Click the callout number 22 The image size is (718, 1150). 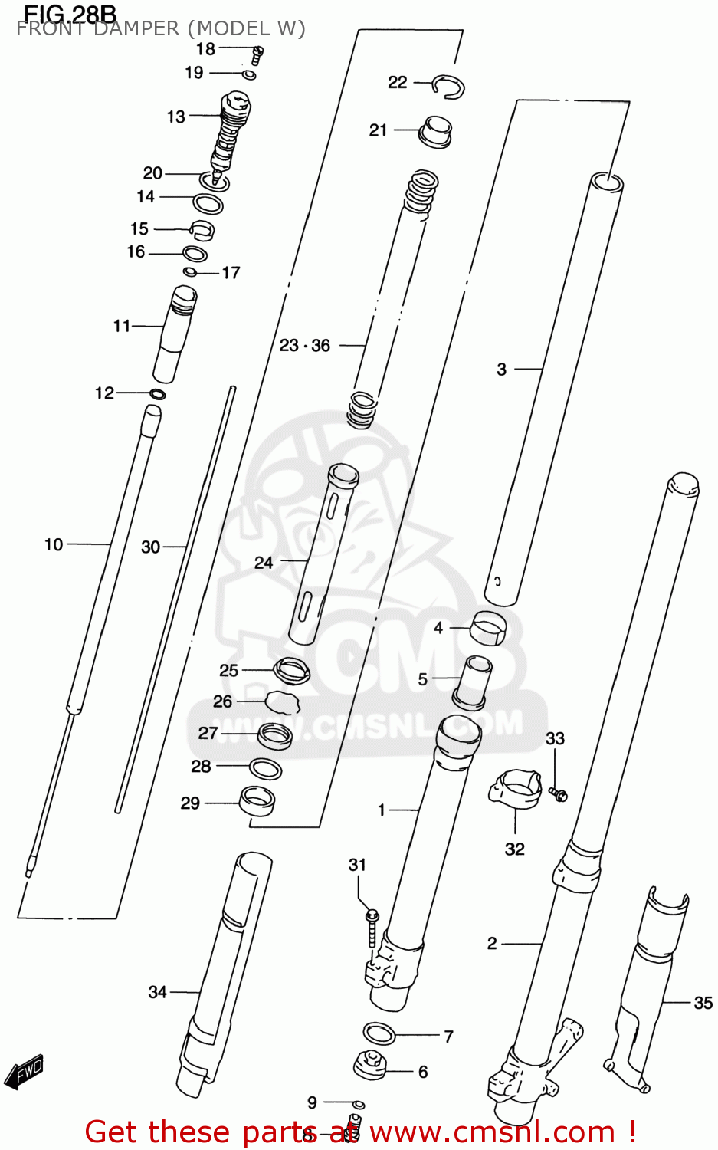pos(397,82)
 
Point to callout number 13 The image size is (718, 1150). pos(176,117)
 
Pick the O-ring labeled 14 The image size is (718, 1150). pos(208,204)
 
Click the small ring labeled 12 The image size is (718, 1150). pos(158,394)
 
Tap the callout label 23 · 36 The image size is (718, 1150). pos(305,346)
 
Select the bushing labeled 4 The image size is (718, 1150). pos(488,628)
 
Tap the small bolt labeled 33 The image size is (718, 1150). pos(558,794)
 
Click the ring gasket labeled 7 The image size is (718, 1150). pos(379,1033)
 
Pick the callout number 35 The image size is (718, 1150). pos(703,1003)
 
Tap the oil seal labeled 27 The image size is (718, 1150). pos(274,736)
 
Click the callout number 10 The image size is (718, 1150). pos(54,545)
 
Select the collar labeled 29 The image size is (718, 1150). pos(257,801)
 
